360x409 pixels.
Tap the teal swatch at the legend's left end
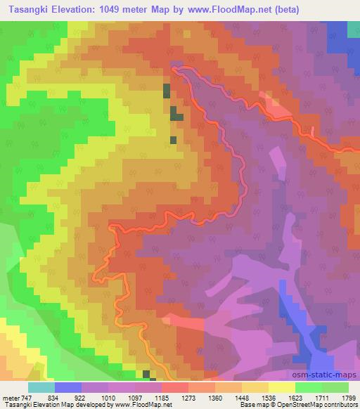click(41, 387)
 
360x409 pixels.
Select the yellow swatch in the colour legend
click(282, 387)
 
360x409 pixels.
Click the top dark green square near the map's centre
click(167, 91)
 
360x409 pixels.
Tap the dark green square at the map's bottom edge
click(146, 374)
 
